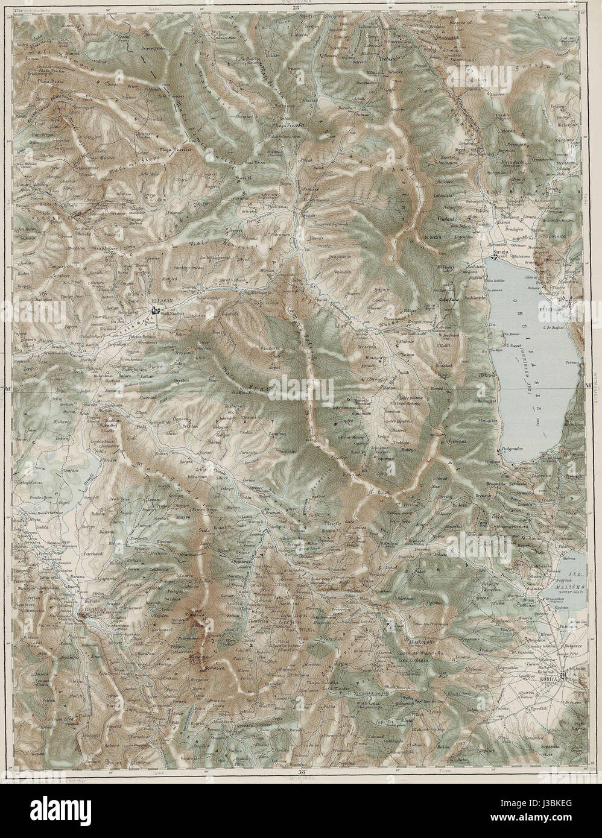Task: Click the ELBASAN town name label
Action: point(162,305)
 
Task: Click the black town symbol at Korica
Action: point(562,673)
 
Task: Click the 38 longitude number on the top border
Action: point(295,7)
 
